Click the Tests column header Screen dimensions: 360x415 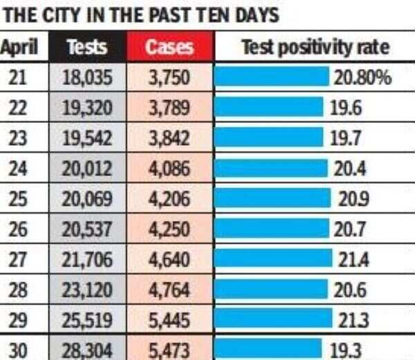click(x=87, y=47)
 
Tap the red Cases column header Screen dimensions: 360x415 click(x=169, y=47)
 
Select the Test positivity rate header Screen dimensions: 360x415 click(x=315, y=47)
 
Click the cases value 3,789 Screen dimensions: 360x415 click(x=169, y=108)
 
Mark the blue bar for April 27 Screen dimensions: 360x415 click(x=273, y=258)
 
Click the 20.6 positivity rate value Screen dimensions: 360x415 click(x=349, y=290)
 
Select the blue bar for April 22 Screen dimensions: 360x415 click(x=268, y=107)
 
